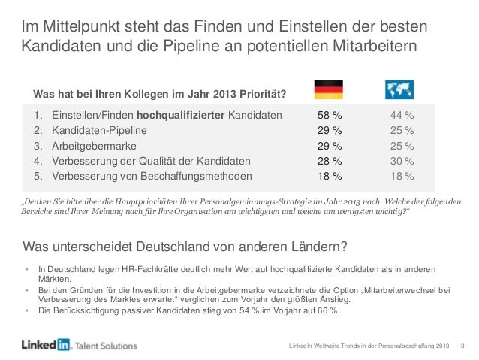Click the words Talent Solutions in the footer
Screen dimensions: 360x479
106,346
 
